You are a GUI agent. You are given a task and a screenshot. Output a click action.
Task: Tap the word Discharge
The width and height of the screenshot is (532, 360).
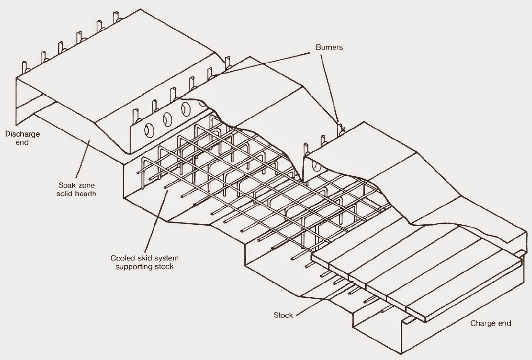pos(23,134)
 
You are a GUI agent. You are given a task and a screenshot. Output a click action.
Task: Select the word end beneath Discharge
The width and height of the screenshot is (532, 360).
pos(23,142)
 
